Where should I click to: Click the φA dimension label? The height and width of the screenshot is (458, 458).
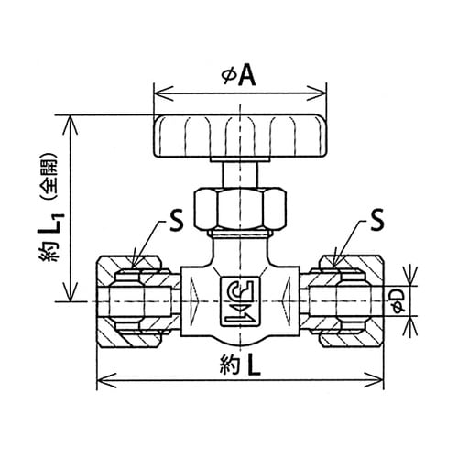[x=239, y=76]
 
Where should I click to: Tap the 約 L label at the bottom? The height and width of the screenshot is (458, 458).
[x=240, y=365]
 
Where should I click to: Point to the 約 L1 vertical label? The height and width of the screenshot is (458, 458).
[x=51, y=236]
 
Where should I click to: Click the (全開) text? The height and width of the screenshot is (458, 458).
[x=49, y=179]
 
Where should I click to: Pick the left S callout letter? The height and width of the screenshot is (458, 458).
[x=176, y=221]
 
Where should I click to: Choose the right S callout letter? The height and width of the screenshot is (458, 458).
[x=376, y=221]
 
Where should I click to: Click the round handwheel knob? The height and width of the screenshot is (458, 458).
[x=241, y=136]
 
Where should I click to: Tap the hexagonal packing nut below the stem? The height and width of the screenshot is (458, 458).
[x=241, y=209]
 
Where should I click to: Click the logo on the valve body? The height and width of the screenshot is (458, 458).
[x=240, y=301]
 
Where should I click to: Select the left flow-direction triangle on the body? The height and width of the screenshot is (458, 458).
[x=193, y=301]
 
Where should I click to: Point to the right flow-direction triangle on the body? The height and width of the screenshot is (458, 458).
[x=288, y=301]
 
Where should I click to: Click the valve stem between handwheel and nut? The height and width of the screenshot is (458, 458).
[x=241, y=175]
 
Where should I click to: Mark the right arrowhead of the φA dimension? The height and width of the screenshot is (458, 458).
[x=316, y=93]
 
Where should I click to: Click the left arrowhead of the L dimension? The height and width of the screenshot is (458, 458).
[x=106, y=380]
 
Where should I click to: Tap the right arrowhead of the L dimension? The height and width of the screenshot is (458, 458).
[x=374, y=380]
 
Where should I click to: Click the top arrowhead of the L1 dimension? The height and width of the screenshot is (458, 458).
[x=71, y=125]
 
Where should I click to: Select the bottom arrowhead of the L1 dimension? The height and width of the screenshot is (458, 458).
[x=71, y=292]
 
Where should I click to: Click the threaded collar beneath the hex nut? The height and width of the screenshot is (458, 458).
[x=241, y=234]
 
